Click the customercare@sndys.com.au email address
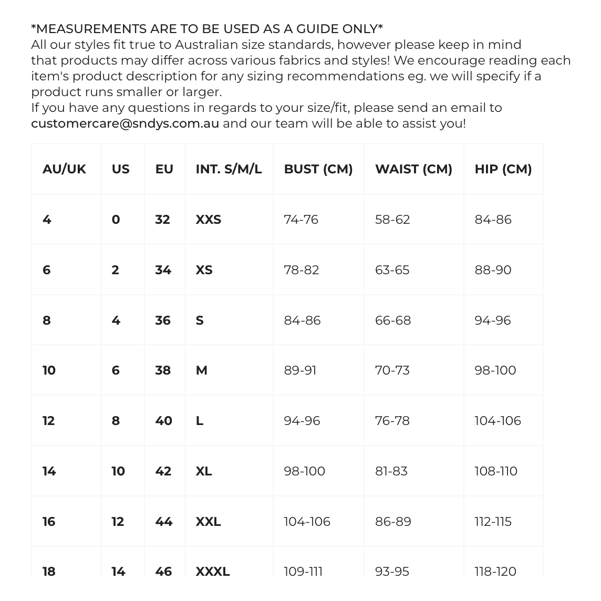click(125, 123)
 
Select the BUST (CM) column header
click(318, 169)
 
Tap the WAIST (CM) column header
click(413, 169)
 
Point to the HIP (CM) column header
click(503, 169)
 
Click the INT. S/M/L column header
click(229, 169)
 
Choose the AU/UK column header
click(64, 169)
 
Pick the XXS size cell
click(209, 220)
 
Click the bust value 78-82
click(302, 270)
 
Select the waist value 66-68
click(393, 320)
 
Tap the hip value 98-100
click(495, 370)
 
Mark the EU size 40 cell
click(164, 421)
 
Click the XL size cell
click(204, 471)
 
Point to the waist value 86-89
click(393, 522)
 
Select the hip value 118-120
click(495, 571)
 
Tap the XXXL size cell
click(213, 571)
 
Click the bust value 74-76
click(301, 220)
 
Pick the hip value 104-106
click(498, 421)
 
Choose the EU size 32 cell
click(163, 220)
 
